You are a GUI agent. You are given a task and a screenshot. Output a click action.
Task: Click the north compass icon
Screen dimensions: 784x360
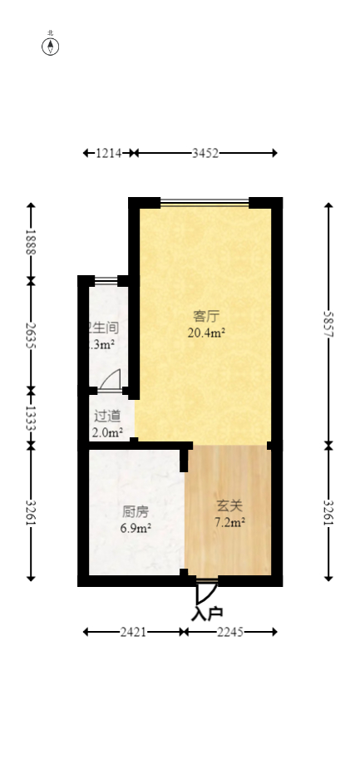click(51, 46)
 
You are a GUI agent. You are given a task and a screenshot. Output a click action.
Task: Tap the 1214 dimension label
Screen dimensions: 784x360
click(109, 153)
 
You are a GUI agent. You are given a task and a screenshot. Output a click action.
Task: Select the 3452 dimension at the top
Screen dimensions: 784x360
click(205, 153)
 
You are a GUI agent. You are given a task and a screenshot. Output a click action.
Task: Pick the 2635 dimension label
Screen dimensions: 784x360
click(32, 334)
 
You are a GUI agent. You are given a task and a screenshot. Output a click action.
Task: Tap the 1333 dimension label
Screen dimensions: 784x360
click(32, 417)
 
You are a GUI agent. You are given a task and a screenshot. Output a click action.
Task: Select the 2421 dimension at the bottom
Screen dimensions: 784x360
click(134, 632)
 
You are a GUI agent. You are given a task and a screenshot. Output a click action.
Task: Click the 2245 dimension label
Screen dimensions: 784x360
click(230, 632)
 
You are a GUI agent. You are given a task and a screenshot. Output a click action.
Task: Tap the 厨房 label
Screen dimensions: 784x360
click(136, 511)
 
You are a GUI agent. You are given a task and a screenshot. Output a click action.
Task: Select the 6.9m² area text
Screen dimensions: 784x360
click(136, 527)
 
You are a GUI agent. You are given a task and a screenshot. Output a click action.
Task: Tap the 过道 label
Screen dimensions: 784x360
click(107, 416)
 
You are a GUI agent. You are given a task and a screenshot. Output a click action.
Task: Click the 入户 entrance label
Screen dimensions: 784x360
click(207, 614)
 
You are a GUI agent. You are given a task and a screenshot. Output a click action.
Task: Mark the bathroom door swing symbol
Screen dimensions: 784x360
click(110, 381)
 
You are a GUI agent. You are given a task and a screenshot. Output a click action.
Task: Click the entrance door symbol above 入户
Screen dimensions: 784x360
click(206, 591)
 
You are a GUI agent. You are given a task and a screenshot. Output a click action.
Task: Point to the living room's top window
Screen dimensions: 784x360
click(205, 202)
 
